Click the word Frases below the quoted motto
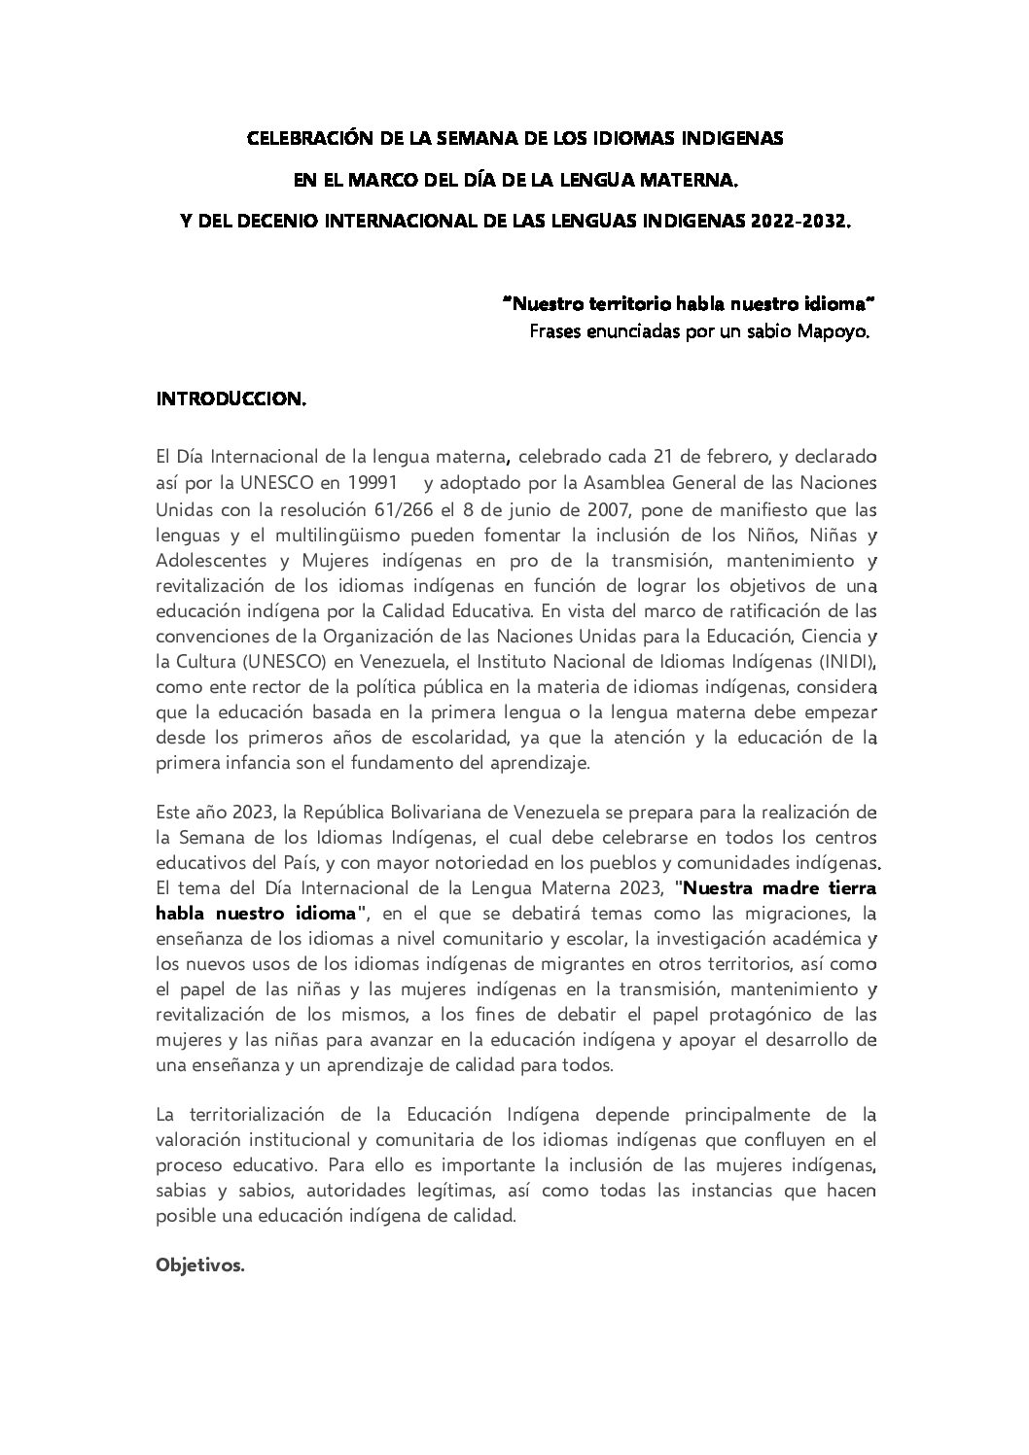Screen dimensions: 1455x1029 click(x=556, y=331)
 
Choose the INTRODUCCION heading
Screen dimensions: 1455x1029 click(x=231, y=399)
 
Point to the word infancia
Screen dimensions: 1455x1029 click(x=246, y=763)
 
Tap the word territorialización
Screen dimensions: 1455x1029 click(x=252, y=1112)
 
